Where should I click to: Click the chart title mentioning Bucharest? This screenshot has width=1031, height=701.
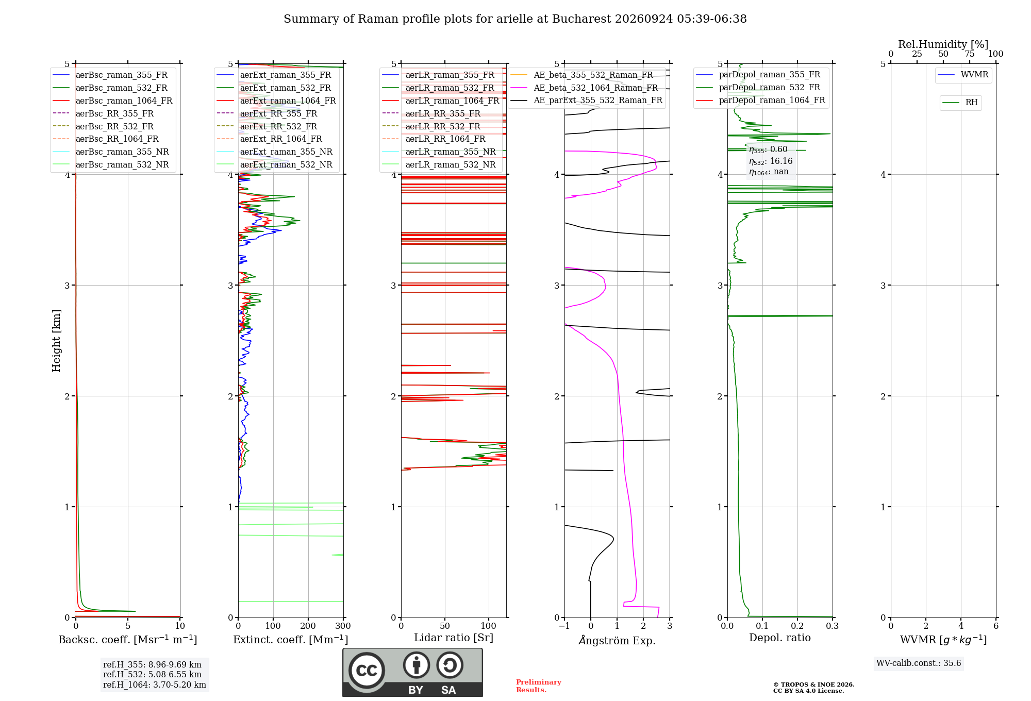click(x=515, y=19)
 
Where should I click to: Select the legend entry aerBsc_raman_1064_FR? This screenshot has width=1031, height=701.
click(x=112, y=101)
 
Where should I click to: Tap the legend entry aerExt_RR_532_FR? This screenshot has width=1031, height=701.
click(x=267, y=126)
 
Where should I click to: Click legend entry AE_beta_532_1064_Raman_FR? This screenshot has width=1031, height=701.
click(x=584, y=88)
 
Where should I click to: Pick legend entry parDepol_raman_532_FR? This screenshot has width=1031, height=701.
click(x=758, y=88)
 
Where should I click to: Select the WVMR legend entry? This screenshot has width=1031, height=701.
click(x=963, y=75)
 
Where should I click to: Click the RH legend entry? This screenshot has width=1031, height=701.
click(x=960, y=103)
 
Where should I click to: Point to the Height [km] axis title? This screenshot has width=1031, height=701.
click(x=56, y=341)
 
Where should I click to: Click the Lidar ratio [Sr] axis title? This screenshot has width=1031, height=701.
click(x=454, y=638)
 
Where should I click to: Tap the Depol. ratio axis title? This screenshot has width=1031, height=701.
click(x=780, y=638)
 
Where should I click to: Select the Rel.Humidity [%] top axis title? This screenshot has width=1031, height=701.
click(x=943, y=44)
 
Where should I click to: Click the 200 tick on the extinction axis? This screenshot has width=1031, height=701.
click(x=308, y=626)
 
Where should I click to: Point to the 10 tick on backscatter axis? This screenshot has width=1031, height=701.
click(x=180, y=626)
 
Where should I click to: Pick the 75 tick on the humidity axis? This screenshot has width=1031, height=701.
click(x=970, y=54)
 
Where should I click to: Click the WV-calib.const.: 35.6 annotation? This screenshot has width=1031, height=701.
click(x=919, y=663)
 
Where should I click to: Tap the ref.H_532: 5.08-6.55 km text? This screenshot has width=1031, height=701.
click(x=152, y=674)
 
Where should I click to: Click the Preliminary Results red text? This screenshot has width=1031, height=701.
click(x=539, y=686)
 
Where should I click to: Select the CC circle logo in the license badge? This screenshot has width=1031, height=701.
click(x=367, y=670)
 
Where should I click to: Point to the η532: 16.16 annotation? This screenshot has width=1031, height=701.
click(x=771, y=161)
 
